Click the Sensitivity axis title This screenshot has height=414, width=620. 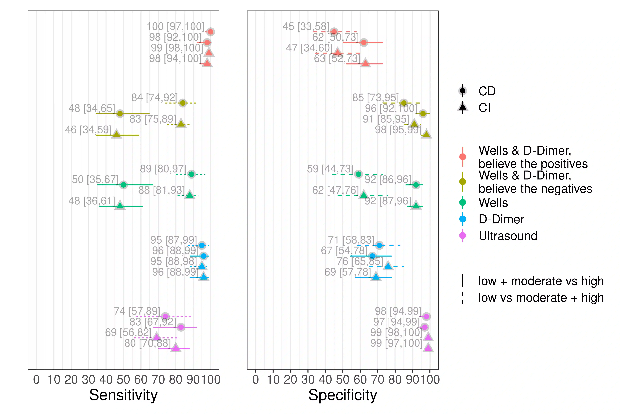[x=123, y=395]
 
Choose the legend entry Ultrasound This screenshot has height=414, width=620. [x=508, y=236]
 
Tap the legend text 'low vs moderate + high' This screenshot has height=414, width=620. [x=541, y=298]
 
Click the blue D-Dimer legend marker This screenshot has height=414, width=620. [x=463, y=219]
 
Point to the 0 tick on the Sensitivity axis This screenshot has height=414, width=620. [x=36, y=380]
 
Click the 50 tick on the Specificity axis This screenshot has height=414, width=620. [x=343, y=380]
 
